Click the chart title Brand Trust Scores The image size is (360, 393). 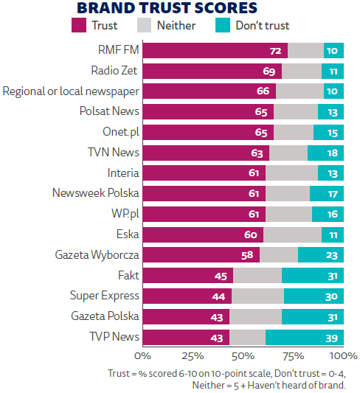[167, 8]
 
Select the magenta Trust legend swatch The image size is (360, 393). [79, 26]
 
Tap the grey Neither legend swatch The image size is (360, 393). [144, 26]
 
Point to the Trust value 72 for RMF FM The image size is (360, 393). [277, 51]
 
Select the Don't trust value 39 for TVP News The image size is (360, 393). [331, 338]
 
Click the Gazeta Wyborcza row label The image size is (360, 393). [97, 255]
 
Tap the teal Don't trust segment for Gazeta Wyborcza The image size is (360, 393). [320, 255]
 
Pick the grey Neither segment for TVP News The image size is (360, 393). [247, 337]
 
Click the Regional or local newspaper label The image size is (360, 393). [71, 91]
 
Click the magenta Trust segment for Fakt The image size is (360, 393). [187, 276]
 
